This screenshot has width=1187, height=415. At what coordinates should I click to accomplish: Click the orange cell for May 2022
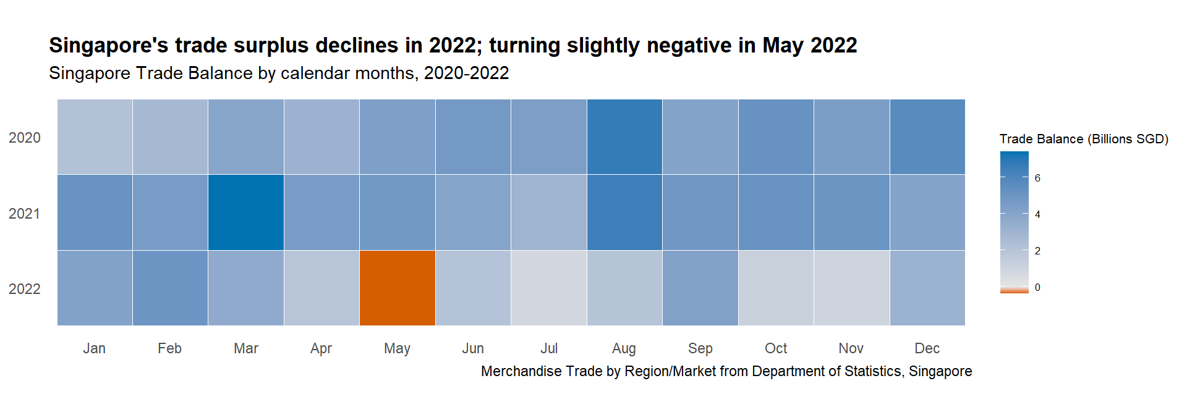click(x=397, y=288)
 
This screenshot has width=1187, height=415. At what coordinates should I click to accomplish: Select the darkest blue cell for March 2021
click(x=246, y=212)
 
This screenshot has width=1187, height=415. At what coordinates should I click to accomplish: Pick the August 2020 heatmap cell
click(x=624, y=136)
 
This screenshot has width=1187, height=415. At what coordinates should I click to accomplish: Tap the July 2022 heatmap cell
click(x=549, y=288)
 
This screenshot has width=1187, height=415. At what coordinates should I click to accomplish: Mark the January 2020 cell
click(x=95, y=136)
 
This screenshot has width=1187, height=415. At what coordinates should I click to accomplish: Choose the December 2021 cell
click(x=927, y=212)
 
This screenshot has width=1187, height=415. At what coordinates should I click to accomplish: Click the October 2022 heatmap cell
click(x=776, y=288)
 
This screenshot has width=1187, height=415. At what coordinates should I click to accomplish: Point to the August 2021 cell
click(x=624, y=212)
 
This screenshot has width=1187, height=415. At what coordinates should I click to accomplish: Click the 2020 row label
click(x=25, y=138)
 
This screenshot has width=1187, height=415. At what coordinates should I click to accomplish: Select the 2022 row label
click(x=25, y=289)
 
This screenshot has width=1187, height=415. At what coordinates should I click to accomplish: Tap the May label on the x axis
click(x=397, y=348)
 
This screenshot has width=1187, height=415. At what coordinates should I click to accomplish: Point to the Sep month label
click(x=700, y=348)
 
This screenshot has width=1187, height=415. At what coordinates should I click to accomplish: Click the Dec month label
click(x=927, y=348)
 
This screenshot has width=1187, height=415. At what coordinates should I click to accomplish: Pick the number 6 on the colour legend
click(x=1037, y=178)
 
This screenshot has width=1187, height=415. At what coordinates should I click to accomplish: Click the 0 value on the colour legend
click(x=1037, y=287)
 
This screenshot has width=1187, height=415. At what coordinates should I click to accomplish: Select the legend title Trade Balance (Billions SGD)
click(x=1084, y=139)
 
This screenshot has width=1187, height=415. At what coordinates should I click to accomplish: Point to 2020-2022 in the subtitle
click(x=466, y=73)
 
